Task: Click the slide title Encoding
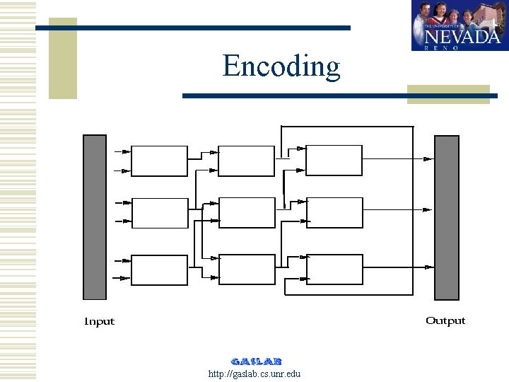(x=281, y=66)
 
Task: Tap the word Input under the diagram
(x=99, y=322)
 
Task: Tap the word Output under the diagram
(x=445, y=321)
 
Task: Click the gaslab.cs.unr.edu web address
(x=255, y=374)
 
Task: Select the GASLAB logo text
(x=256, y=361)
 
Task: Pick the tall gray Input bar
(x=95, y=217)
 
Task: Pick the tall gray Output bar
(x=446, y=217)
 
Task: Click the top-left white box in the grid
(x=160, y=161)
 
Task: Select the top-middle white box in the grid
(x=246, y=161)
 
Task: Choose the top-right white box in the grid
(x=334, y=161)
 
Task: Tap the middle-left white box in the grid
(x=160, y=213)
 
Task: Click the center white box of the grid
(x=247, y=213)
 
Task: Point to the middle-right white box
(x=334, y=213)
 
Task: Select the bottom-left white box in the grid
(x=160, y=270)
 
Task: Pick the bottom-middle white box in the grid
(x=247, y=270)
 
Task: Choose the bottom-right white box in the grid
(x=334, y=270)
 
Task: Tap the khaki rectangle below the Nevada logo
(x=448, y=94)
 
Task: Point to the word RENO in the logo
(x=443, y=48)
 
